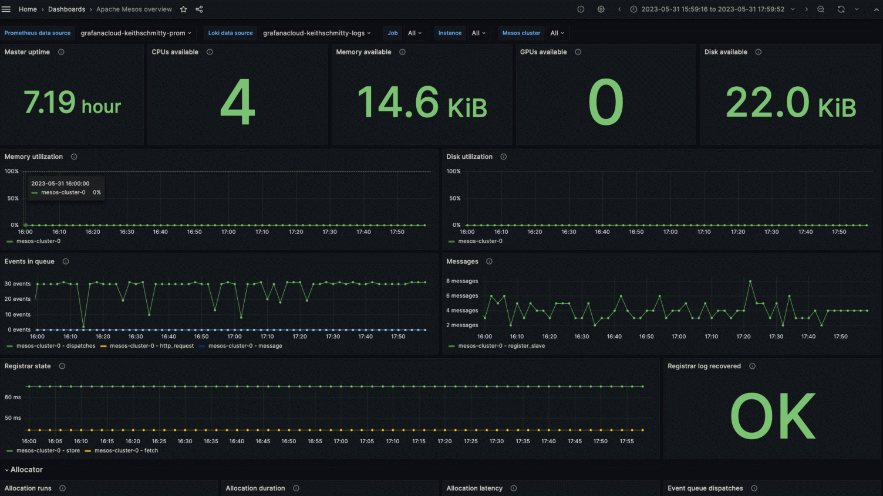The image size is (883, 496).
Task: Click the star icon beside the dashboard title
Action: [x=183, y=9]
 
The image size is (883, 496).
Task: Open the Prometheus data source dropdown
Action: [x=136, y=33]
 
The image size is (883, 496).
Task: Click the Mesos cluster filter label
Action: [x=521, y=33]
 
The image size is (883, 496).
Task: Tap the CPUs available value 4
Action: [x=238, y=103]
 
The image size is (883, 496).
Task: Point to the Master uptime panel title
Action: [x=27, y=52]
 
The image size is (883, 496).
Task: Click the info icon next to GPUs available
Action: [x=578, y=52]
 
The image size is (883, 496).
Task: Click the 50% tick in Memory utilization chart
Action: [x=13, y=198]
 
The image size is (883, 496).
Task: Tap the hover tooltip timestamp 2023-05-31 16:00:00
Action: [x=60, y=184]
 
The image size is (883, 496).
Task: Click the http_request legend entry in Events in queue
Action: [x=151, y=346]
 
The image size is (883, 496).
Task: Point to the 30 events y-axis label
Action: [x=18, y=284]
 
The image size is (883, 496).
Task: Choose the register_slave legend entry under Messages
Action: [x=501, y=346]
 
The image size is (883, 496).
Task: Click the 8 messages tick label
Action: [x=462, y=281]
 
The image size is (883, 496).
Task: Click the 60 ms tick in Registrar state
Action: [x=13, y=398]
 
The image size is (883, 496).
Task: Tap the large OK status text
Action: [x=773, y=416]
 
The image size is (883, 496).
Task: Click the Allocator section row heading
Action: [x=26, y=470]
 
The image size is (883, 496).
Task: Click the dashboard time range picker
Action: [x=712, y=9]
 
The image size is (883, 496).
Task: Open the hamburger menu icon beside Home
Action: [x=6, y=9]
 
